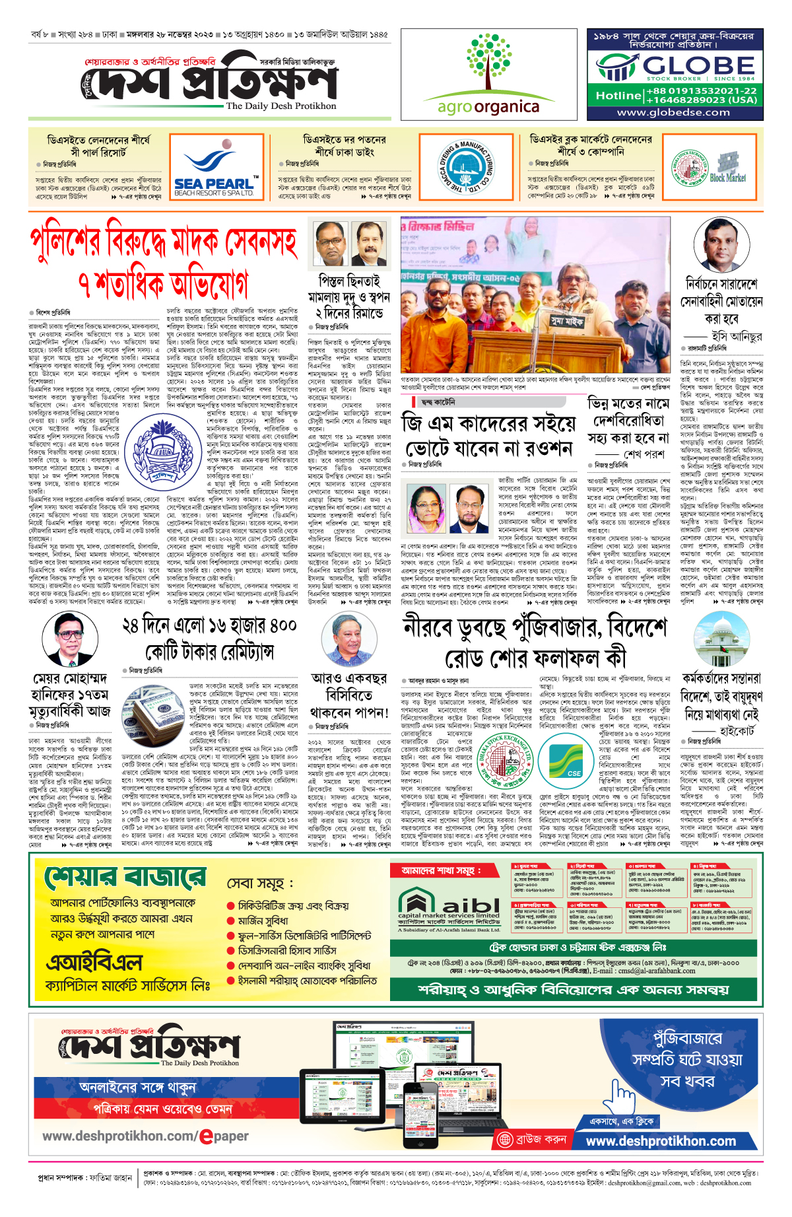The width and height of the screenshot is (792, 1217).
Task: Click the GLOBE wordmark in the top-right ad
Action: pyautogui.click(x=698, y=65)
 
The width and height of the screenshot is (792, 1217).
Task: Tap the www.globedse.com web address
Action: pyautogui.click(x=673, y=112)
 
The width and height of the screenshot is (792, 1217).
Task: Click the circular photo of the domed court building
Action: pyautogui.click(x=721, y=639)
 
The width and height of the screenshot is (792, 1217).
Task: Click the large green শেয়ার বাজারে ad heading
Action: pyautogui.click(x=125, y=879)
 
